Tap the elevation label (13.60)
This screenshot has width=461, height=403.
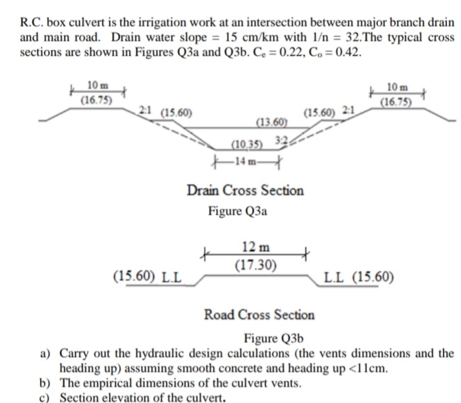pyautogui.click(x=271, y=123)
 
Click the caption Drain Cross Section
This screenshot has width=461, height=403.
pyautogui.click(x=245, y=191)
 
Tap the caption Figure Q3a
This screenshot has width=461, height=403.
pyautogui.click(x=237, y=211)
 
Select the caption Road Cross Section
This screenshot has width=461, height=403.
pyautogui.click(x=259, y=315)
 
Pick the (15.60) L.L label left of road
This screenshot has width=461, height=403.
pyautogui.click(x=146, y=278)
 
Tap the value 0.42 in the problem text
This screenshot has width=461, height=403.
pyautogui.click(x=346, y=52)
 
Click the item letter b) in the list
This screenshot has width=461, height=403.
pyautogui.click(x=46, y=383)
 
